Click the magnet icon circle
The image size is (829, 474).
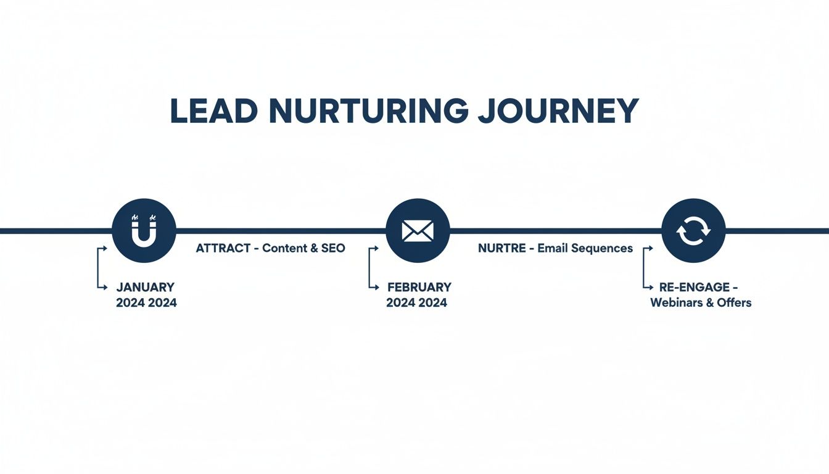tap(144, 231)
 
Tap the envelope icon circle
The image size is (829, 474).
tap(418, 231)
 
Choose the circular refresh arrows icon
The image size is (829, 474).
tap(693, 231)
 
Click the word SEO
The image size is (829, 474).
tap(333, 248)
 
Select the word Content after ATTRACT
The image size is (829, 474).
tap(284, 248)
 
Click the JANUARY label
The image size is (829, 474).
tap(146, 287)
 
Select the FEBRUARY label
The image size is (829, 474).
tap(419, 287)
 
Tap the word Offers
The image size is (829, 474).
tap(734, 303)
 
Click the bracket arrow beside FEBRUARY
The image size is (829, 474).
tap(372, 268)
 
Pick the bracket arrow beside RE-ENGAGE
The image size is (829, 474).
tap(647, 268)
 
